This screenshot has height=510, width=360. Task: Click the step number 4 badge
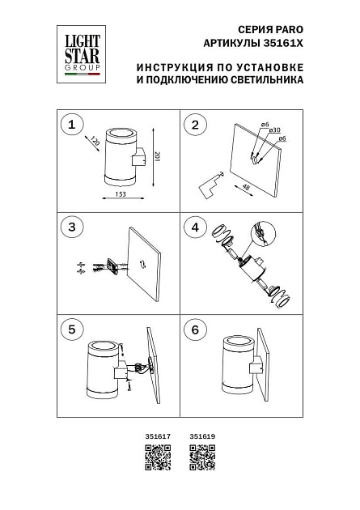tap(194, 227)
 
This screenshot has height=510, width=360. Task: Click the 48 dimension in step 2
tap(245, 188)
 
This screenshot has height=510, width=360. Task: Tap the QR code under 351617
tap(156, 460)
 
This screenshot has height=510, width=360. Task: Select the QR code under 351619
tap(201, 460)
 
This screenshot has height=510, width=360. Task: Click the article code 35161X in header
tap(288, 42)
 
